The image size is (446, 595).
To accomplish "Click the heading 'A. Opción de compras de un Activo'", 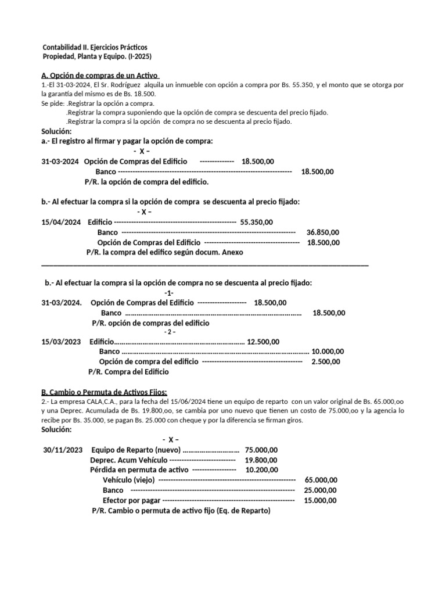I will coord(100,75).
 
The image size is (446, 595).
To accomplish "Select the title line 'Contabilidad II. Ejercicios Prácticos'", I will coord(95,46).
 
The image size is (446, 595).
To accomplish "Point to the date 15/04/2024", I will coord(61,222).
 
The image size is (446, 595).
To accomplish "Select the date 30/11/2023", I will coord(63,450).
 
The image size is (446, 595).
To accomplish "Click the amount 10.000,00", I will coord(328,352).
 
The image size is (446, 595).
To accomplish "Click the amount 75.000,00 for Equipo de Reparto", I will coord(261,450).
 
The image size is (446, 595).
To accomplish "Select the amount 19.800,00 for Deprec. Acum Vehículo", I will coord(261,460).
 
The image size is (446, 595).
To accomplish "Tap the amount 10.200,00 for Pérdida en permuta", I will coord(261,470).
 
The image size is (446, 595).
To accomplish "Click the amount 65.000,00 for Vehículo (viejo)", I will coord(321,480).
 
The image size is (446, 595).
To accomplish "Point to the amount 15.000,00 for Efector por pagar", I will coord(321,500).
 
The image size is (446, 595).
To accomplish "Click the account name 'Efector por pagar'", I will coord(131,500).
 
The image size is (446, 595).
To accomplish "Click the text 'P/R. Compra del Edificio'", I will coord(128,371).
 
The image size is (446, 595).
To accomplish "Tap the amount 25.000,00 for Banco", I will coord(321,490).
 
